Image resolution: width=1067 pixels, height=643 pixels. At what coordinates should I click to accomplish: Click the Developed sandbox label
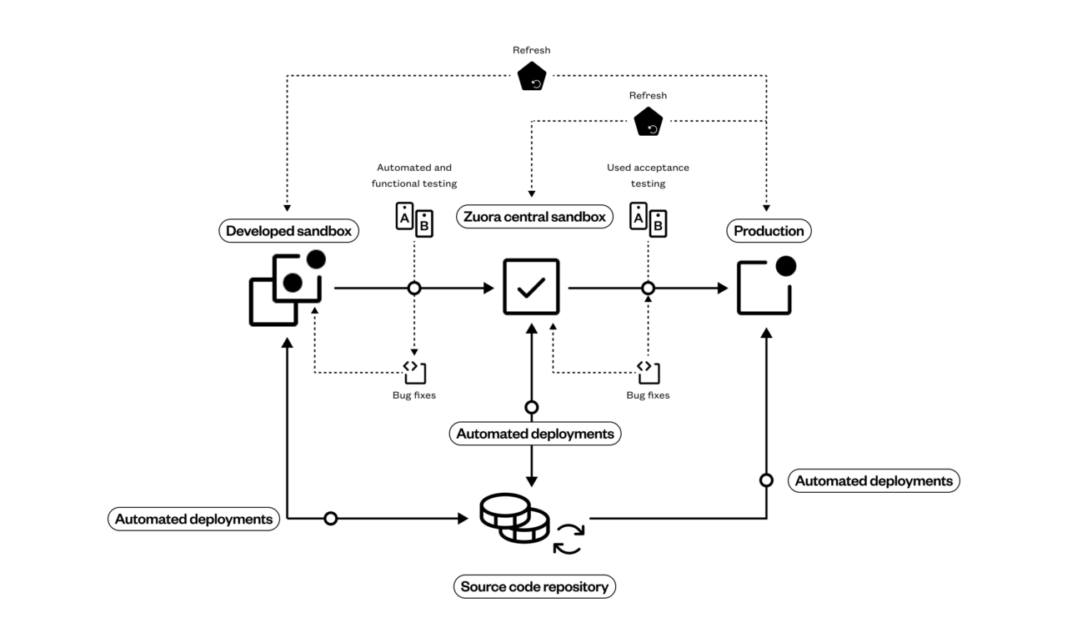click(288, 231)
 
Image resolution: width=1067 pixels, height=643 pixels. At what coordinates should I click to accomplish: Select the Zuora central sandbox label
click(533, 218)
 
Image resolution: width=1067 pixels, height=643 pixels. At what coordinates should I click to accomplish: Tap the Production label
click(769, 231)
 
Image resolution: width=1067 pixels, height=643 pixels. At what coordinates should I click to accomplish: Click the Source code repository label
click(534, 586)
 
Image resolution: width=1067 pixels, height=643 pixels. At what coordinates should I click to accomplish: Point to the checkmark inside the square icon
click(531, 287)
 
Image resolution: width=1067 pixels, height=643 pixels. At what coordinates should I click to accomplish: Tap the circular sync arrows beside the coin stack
click(569, 538)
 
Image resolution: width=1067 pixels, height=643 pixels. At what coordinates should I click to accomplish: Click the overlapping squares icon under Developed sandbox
click(286, 288)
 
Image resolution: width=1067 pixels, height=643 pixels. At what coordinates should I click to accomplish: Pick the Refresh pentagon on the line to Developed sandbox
click(532, 77)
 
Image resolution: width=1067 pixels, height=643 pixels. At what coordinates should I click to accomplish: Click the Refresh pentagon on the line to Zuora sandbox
click(648, 123)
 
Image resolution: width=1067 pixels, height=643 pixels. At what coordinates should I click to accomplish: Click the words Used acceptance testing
click(648, 175)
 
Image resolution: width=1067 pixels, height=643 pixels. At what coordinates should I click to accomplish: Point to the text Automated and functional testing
click(414, 175)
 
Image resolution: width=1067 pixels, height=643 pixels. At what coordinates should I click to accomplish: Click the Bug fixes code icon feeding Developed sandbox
click(414, 371)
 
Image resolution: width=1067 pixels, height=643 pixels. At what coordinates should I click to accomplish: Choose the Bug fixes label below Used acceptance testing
click(648, 394)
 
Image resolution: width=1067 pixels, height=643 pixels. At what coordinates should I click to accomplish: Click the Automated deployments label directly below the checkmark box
click(534, 434)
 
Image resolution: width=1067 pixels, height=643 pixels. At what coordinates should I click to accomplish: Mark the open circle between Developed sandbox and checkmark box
click(414, 288)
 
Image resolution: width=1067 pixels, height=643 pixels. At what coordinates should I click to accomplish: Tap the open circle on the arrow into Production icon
click(648, 288)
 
